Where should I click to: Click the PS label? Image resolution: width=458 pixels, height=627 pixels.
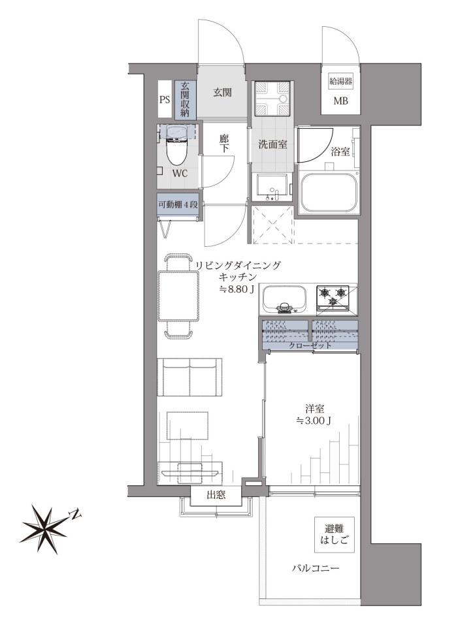pyautogui.click(x=165, y=99)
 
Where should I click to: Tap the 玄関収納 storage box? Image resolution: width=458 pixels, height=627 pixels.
pyautogui.click(x=185, y=100)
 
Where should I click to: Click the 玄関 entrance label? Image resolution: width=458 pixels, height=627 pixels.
pyautogui.click(x=222, y=92)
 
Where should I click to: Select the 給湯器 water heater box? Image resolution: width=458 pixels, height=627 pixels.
pyautogui.click(x=341, y=82)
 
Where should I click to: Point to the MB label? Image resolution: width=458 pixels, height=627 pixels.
pyautogui.click(x=341, y=101)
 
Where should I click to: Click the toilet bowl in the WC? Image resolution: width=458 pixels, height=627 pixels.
pyautogui.click(x=176, y=150)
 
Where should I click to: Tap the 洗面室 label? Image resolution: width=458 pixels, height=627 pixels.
pyautogui.click(x=273, y=144)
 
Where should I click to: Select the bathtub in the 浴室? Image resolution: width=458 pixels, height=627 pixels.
pyautogui.click(x=329, y=193)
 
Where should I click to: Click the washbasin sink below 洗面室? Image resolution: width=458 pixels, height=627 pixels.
pyautogui.click(x=271, y=187)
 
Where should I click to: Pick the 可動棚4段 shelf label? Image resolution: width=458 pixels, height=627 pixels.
pyautogui.click(x=178, y=204)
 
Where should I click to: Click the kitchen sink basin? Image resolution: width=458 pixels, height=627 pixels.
pyautogui.click(x=285, y=299)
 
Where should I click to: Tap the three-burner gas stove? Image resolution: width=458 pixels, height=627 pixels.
pyautogui.click(x=333, y=298)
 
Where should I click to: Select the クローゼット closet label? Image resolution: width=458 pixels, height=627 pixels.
pyautogui.click(x=310, y=345)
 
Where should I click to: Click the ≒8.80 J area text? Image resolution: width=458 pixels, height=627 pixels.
pyautogui.click(x=237, y=289)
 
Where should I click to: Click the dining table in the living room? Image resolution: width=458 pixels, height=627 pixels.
pyautogui.click(x=178, y=296)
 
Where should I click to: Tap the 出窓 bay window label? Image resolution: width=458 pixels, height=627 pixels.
pyautogui.click(x=216, y=495)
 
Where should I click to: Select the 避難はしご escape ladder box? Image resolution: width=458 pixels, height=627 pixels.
pyautogui.click(x=335, y=535)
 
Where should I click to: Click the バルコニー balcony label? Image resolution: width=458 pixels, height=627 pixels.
pyautogui.click(x=316, y=568)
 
